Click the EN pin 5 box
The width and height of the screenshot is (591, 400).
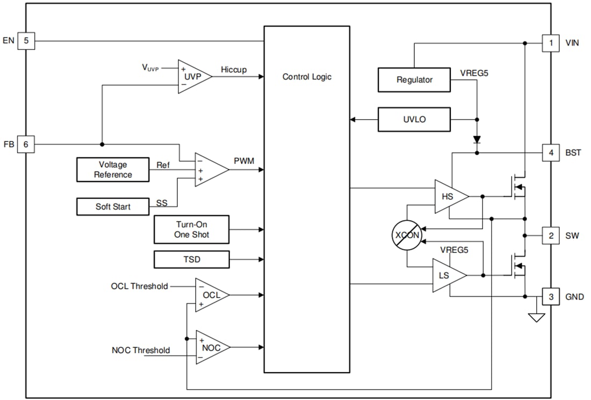(x=26, y=41)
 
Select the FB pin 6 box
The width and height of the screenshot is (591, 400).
(x=26, y=144)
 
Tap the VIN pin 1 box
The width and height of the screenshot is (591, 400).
(x=550, y=42)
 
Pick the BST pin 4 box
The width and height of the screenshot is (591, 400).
(x=550, y=152)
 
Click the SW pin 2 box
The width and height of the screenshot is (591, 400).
(x=550, y=235)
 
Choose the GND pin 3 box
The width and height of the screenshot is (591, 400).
(x=550, y=296)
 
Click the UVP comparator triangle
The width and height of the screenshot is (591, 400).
(x=192, y=76)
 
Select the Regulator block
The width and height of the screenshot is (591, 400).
(x=414, y=79)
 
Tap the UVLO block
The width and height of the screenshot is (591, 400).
(x=414, y=119)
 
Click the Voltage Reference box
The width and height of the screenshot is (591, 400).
(x=113, y=170)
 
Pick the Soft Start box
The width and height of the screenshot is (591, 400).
(x=113, y=207)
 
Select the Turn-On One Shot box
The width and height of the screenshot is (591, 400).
(x=191, y=230)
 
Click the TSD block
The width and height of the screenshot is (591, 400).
(x=191, y=259)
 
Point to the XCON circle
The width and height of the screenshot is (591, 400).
(x=406, y=235)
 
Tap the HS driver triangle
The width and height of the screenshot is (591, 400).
(x=449, y=197)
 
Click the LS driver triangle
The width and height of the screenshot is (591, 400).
(x=447, y=275)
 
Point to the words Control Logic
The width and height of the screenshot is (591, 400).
(x=307, y=77)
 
